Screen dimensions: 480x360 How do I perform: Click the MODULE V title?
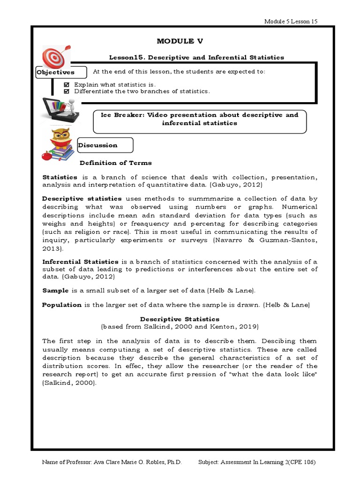point(180,41)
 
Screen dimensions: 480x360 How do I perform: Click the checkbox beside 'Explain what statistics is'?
point(66,84)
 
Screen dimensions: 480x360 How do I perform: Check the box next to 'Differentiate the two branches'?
point(66,91)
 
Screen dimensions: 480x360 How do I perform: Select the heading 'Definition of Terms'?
point(115,163)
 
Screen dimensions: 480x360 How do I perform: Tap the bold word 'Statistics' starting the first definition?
point(60,177)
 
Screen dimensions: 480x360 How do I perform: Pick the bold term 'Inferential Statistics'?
point(81,261)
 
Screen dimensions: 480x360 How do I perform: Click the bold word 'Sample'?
point(55,291)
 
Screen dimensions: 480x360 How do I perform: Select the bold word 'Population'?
point(62,305)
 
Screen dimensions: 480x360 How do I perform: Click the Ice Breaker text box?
point(200,119)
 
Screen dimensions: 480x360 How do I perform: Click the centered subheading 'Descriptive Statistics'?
point(180,319)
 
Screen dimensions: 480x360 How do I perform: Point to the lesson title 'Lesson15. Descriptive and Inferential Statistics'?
point(196,57)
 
